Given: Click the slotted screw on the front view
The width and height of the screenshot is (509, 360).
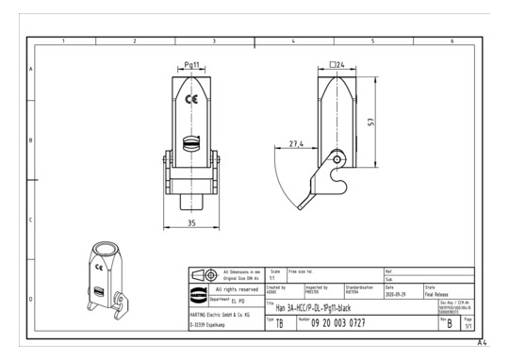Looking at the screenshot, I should pos(190,144).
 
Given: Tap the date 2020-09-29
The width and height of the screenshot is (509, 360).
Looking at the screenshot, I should pos(397,292).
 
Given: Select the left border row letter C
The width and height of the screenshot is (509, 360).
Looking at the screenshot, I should pos(31,221).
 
